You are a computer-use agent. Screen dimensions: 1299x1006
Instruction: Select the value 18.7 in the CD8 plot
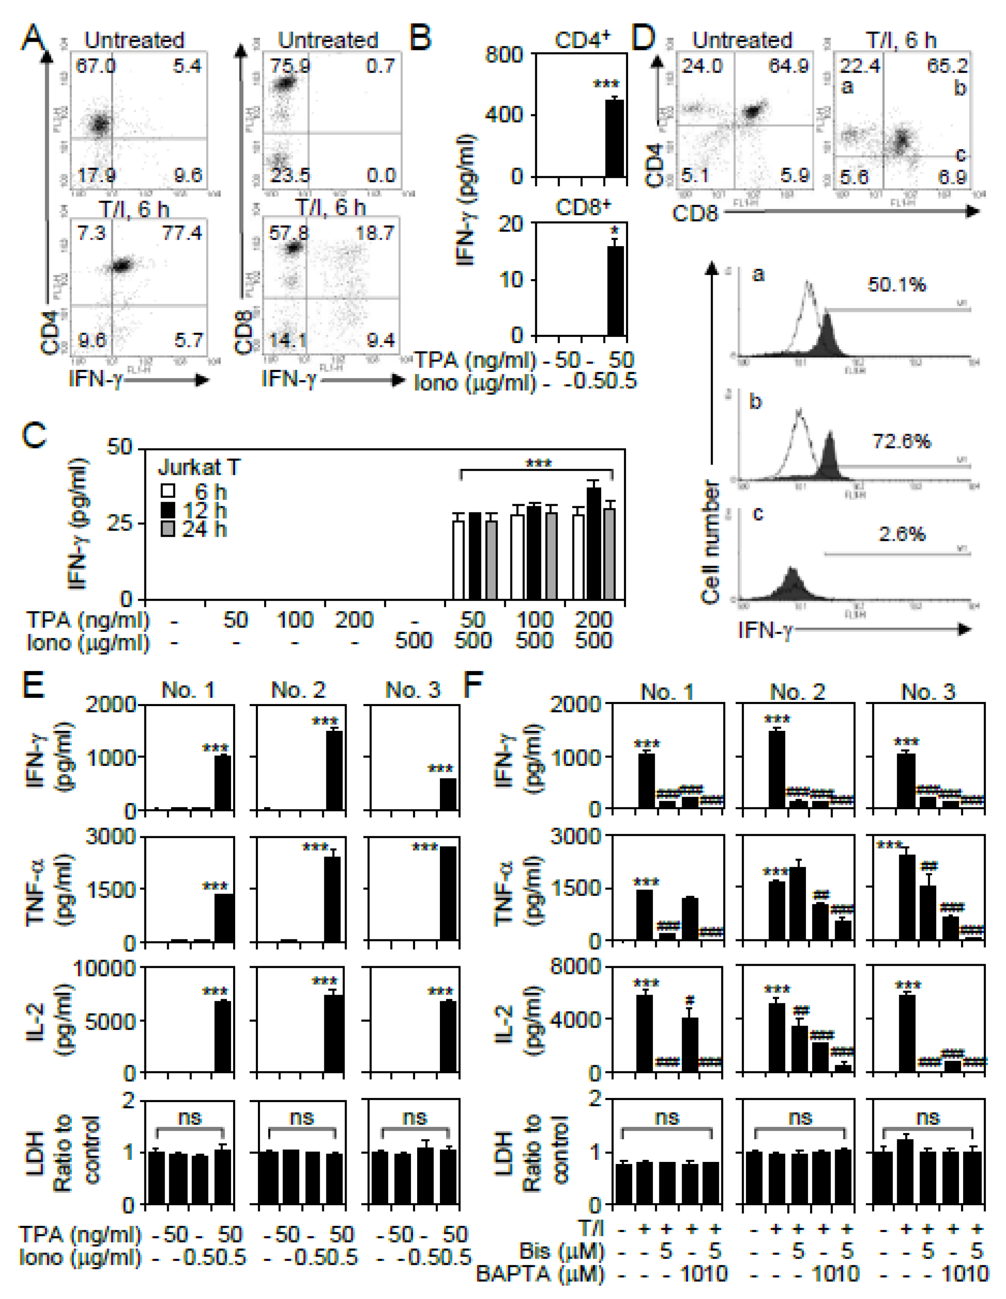pos(375,233)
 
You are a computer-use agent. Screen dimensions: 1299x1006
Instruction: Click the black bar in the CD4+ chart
pos(614,138)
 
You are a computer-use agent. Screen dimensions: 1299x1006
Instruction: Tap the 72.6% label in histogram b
pos(901,441)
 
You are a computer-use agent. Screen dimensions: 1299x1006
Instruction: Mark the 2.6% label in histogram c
pos(902,534)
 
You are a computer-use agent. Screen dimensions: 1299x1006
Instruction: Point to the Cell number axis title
pos(711,543)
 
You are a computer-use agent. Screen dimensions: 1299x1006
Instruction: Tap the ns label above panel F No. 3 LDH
pos(928,1117)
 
